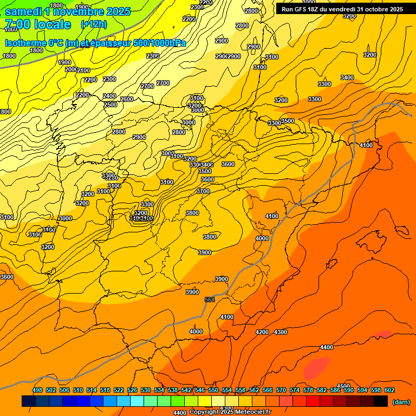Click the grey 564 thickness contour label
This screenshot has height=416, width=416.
(x=210, y=300)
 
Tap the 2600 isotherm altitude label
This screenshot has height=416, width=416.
(x=127, y=99)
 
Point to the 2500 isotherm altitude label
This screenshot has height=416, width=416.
(x=110, y=105)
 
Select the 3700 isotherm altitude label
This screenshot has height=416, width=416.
(x=203, y=191)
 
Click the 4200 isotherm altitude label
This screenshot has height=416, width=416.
(x=262, y=332)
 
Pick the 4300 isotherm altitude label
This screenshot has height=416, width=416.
(x=281, y=332)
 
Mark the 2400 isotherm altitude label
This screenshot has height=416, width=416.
(x=109, y=96)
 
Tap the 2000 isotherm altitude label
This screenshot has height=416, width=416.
(x=71, y=69)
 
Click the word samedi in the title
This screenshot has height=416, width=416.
(x=26, y=11)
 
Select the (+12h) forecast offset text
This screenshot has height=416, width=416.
(x=93, y=24)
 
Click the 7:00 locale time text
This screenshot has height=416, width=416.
(x=38, y=24)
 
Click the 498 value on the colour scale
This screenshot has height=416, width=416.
(x=37, y=390)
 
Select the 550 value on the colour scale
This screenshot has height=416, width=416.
(x=213, y=390)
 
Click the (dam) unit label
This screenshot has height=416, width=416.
(x=401, y=401)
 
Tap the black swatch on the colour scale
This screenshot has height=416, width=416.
(x=381, y=401)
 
